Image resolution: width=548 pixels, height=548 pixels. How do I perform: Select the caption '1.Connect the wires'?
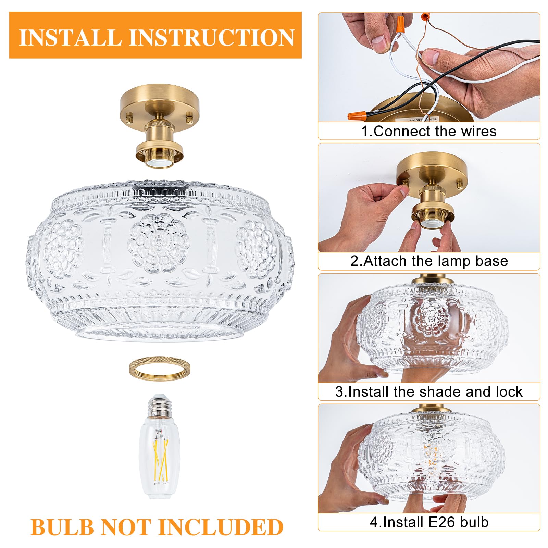pyautogui.click(x=429, y=131)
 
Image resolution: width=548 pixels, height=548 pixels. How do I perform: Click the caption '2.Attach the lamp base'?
pyautogui.click(x=429, y=261)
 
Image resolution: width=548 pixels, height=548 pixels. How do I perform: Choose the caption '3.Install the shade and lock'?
pyautogui.click(x=429, y=391)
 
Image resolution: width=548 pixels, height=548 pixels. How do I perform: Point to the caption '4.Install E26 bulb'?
pyautogui.click(x=429, y=522)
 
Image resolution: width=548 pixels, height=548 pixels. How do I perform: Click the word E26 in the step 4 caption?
pyautogui.click(x=442, y=522)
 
